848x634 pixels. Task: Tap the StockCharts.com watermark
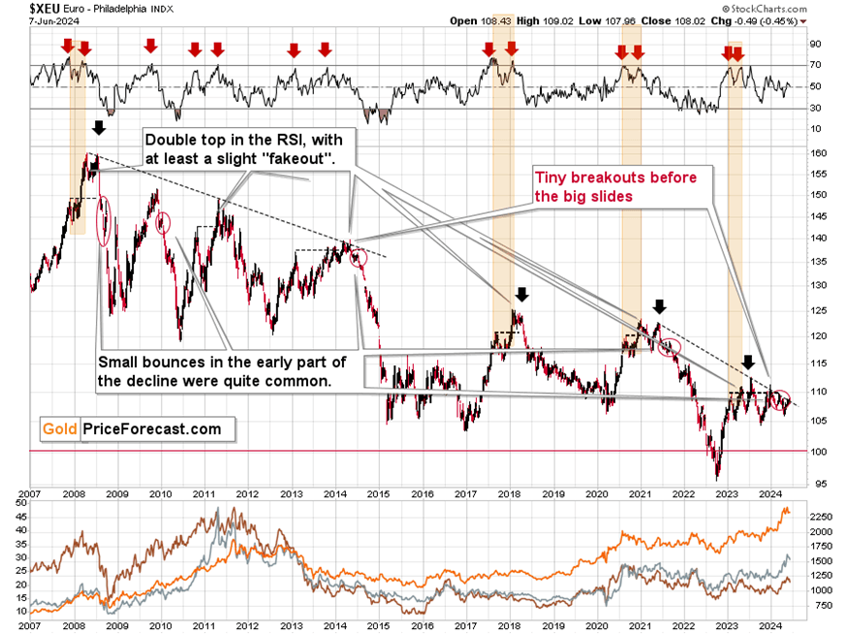click(x=775, y=8)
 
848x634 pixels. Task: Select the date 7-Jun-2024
click(x=28, y=20)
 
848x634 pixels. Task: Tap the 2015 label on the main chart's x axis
click(x=379, y=493)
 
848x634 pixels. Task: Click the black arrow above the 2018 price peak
click(x=522, y=294)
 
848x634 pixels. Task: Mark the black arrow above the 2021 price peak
click(x=660, y=307)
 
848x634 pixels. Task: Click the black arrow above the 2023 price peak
click(x=748, y=363)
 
